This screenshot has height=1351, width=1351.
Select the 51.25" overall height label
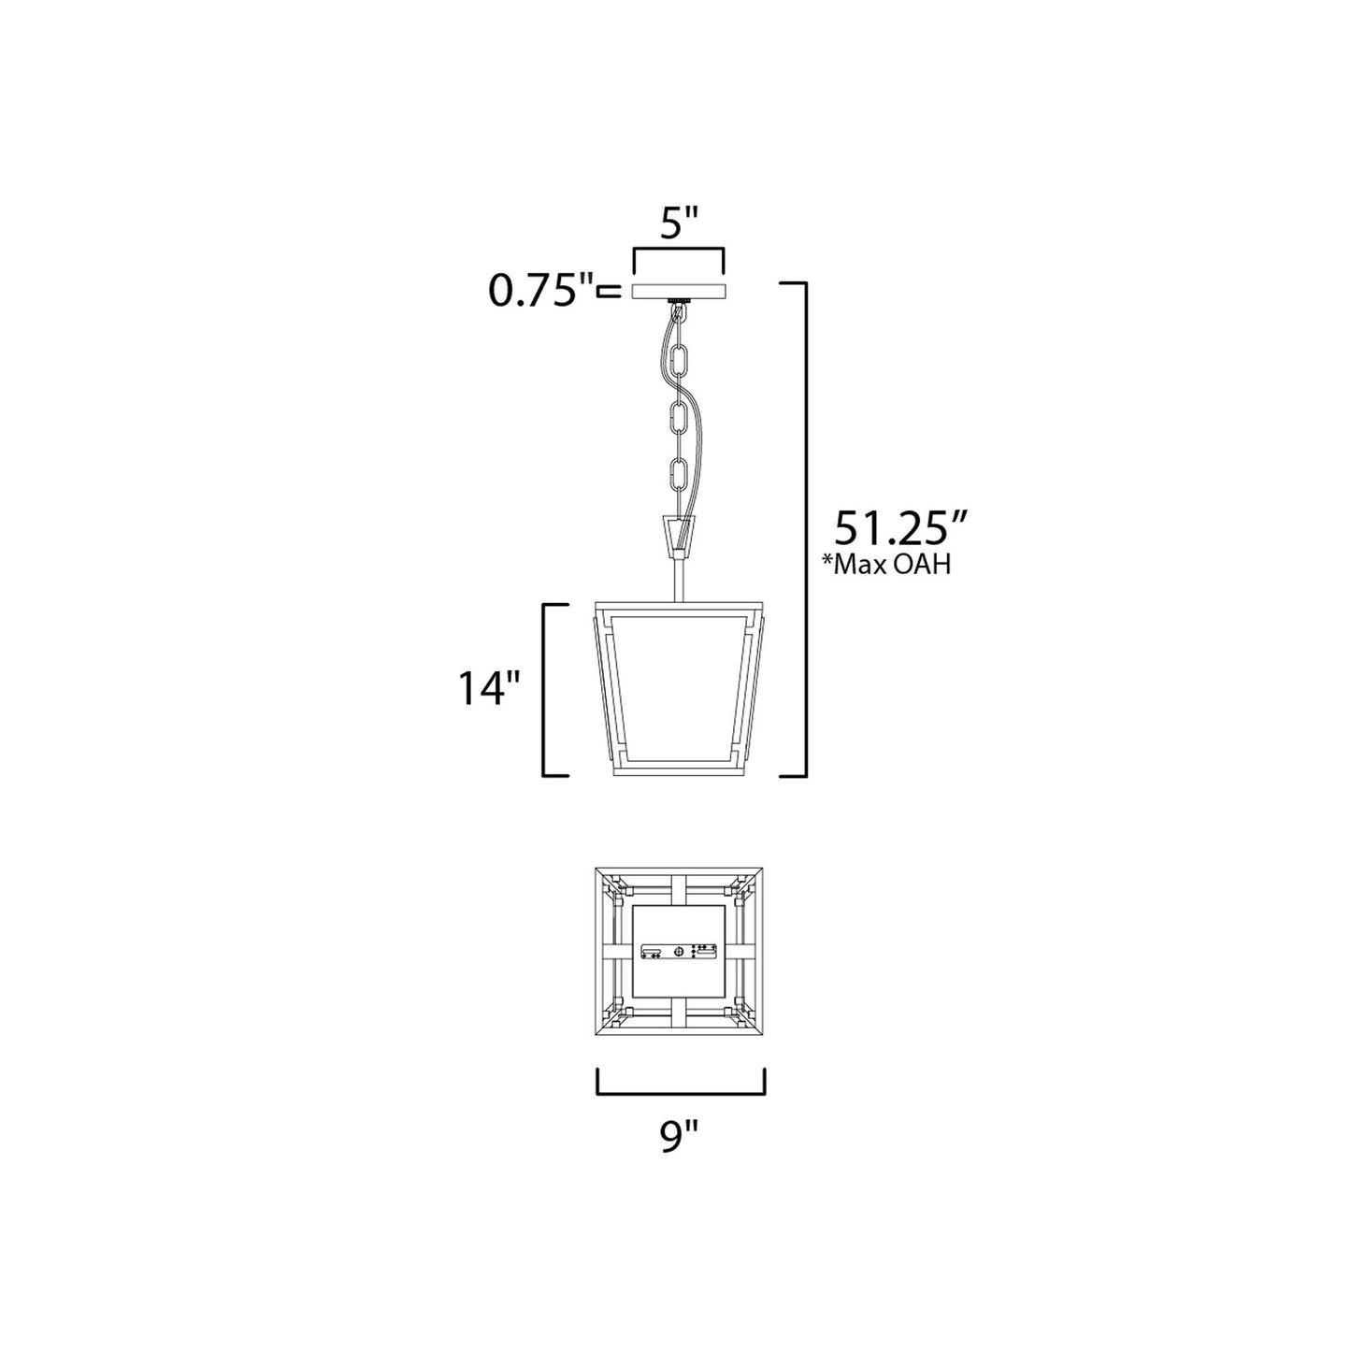898,529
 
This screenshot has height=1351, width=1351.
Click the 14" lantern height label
489,690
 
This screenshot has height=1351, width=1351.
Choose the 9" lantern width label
681,1136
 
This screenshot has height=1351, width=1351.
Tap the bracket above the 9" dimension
681,1091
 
